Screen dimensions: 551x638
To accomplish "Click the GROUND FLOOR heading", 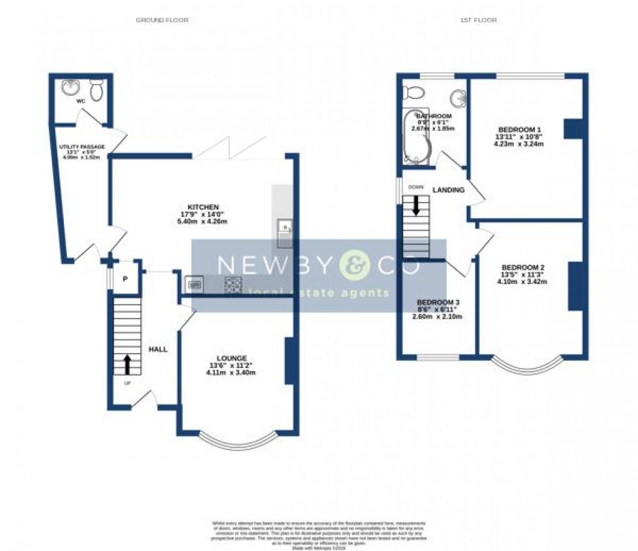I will (161, 20).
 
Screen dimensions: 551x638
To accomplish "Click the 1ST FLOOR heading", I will (478, 20).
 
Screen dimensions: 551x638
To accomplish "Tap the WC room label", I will (81, 102).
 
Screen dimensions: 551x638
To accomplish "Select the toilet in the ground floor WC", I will (96, 90).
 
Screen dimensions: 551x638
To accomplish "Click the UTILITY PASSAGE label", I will (81, 147).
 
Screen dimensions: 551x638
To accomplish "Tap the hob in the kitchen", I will (232, 284).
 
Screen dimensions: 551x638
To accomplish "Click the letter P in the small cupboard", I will (125, 279).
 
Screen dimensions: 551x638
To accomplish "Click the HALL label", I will (158, 349).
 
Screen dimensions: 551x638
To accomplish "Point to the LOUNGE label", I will (231, 358).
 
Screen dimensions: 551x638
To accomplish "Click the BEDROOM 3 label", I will (438, 302).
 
